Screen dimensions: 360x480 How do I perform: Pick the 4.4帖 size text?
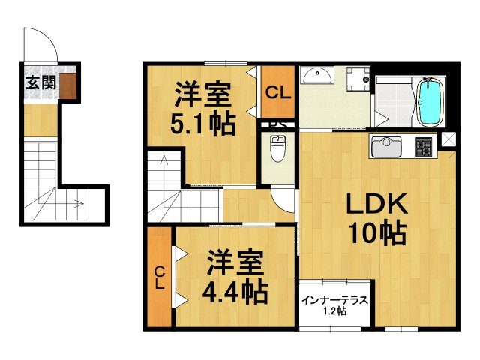point(235,291)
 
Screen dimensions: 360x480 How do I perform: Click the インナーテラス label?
point(334,301)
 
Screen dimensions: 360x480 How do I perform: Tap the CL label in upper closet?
point(277,94)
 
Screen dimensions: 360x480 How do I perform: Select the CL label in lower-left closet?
point(160,277)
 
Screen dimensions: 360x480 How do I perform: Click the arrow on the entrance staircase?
point(75,202)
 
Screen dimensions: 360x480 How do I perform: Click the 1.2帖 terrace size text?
point(334,311)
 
